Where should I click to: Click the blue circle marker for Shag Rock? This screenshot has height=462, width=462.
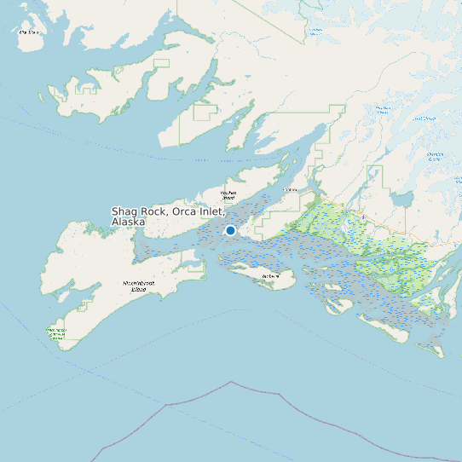230,230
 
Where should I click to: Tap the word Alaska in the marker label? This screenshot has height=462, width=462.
128,222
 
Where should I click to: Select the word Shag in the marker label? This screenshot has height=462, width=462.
126,211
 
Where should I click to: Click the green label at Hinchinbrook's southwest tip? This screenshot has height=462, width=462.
57,332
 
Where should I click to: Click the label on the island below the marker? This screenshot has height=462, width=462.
271,276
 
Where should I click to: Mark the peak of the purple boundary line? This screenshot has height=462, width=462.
231,382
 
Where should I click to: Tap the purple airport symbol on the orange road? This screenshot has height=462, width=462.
363,217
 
